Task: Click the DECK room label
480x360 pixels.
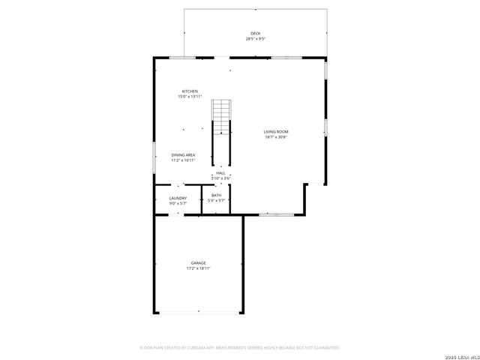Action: click(256, 34)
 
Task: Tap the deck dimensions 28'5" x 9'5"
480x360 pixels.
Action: click(256, 38)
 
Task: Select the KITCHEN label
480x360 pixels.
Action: click(190, 91)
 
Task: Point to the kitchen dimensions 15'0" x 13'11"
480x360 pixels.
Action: click(190, 97)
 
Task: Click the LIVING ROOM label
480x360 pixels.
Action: click(276, 132)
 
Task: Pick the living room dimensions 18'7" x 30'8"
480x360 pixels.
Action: click(276, 137)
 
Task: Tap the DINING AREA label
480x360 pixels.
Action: click(183, 155)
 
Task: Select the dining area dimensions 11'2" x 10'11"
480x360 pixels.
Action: click(183, 160)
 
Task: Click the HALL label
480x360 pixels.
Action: click(220, 172)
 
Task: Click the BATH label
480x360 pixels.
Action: click(216, 195)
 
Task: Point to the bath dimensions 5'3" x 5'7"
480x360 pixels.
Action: click(216, 200)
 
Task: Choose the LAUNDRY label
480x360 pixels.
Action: click(178, 198)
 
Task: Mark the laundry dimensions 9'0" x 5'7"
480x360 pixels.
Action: click(178, 203)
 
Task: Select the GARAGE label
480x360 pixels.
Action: click(198, 263)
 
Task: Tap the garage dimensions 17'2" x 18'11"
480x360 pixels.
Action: click(198, 268)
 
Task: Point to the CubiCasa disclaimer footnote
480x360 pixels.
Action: click(240, 348)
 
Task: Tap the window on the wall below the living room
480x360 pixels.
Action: click(276, 214)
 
